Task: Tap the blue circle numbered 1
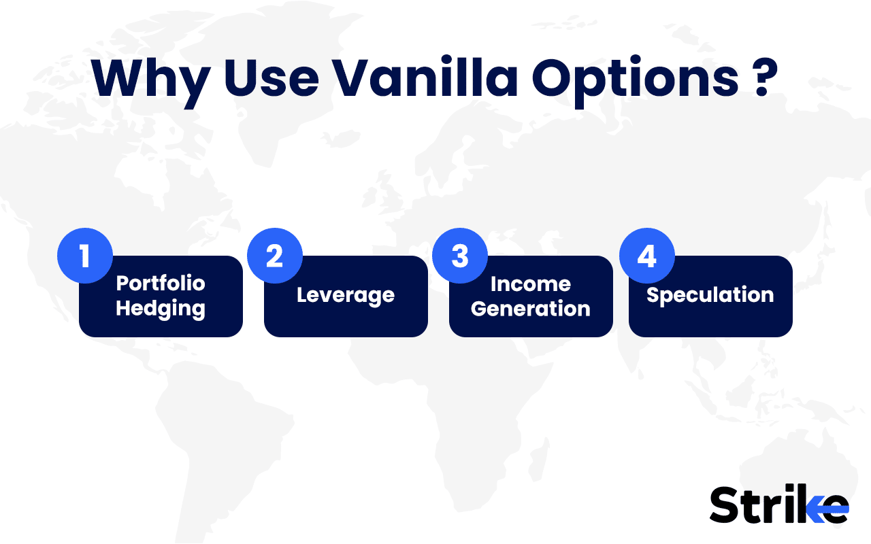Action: tap(85, 256)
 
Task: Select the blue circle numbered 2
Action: tap(274, 256)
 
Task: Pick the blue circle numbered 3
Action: tap(460, 256)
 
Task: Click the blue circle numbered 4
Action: tap(646, 256)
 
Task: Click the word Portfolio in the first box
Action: tap(161, 283)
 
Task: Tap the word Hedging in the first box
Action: tap(161, 308)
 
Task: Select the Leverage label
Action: tap(346, 295)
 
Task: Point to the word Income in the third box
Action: tap(530, 283)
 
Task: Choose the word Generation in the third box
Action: tap(530, 308)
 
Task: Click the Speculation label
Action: tap(710, 295)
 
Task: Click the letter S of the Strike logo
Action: tap(725, 505)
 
